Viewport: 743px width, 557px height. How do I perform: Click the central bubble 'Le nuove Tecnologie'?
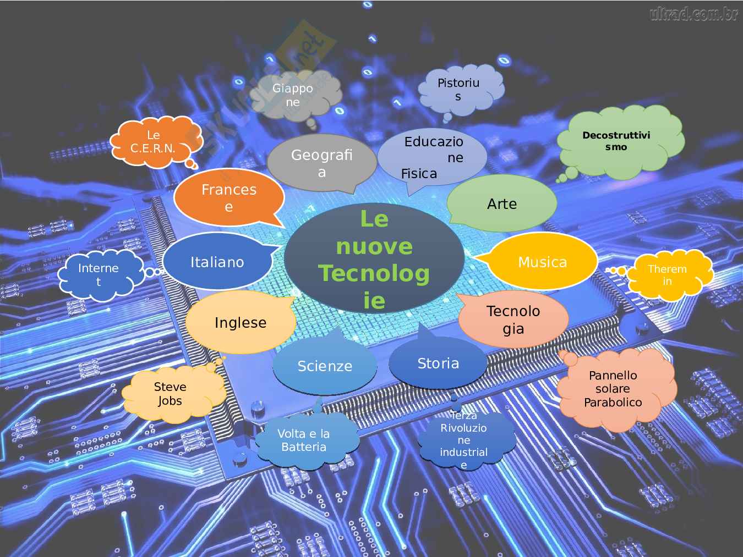374,259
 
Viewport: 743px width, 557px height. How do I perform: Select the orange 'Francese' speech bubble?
229,198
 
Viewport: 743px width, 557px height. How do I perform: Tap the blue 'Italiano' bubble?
217,262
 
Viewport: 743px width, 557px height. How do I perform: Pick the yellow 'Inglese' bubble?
241,323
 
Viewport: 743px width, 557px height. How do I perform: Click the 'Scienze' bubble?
325,366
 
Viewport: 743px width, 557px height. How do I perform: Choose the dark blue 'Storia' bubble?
438,363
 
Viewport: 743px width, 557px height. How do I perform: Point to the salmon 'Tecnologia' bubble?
513,319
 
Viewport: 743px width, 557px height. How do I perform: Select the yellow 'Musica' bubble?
542,262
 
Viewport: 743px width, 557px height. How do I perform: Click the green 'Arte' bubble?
502,204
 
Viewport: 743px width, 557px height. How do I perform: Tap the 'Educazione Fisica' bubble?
432,157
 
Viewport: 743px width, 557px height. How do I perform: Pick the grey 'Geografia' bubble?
321,163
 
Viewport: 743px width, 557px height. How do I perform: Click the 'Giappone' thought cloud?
292,95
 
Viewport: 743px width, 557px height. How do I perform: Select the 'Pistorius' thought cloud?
458,89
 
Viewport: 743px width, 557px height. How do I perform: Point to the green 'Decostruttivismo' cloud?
616,141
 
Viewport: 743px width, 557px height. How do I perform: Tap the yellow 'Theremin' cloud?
667,275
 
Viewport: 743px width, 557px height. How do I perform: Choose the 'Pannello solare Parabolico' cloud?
613,389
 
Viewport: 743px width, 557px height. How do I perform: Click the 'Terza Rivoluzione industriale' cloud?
463,440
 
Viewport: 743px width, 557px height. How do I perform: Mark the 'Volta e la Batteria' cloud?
304,440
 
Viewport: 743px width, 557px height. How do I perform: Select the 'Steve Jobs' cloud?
170,394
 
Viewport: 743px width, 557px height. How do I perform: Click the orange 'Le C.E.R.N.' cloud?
152,142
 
